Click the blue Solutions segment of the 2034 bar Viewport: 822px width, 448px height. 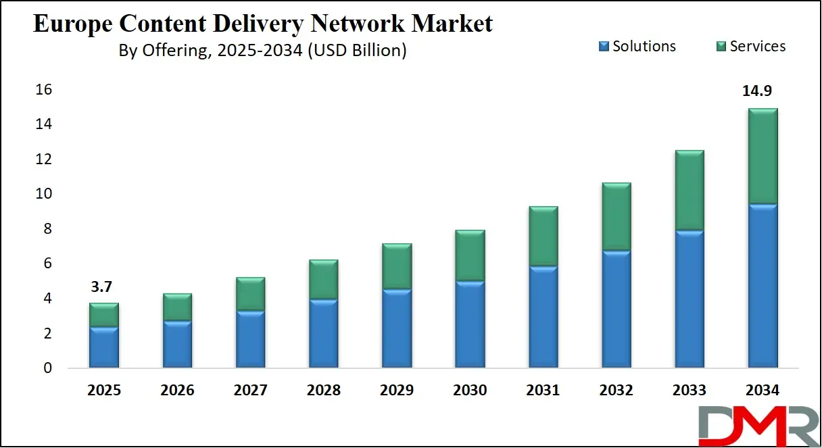[763, 286]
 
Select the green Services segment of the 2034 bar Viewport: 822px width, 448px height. [763, 156]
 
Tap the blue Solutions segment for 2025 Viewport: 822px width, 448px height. [104, 347]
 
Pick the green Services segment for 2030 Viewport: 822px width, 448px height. [470, 255]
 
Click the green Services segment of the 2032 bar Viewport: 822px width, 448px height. [616, 217]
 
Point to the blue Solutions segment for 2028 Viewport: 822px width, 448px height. [324, 334]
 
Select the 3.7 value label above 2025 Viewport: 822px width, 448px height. [102, 287]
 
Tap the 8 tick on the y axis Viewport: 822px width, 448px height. [47, 229]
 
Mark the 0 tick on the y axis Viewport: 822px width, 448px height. [47, 368]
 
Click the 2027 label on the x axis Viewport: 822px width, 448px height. [250, 391]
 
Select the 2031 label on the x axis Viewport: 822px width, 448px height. [543, 391]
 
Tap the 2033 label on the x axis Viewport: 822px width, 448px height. [689, 391]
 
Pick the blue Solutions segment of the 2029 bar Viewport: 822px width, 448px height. [397, 328]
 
